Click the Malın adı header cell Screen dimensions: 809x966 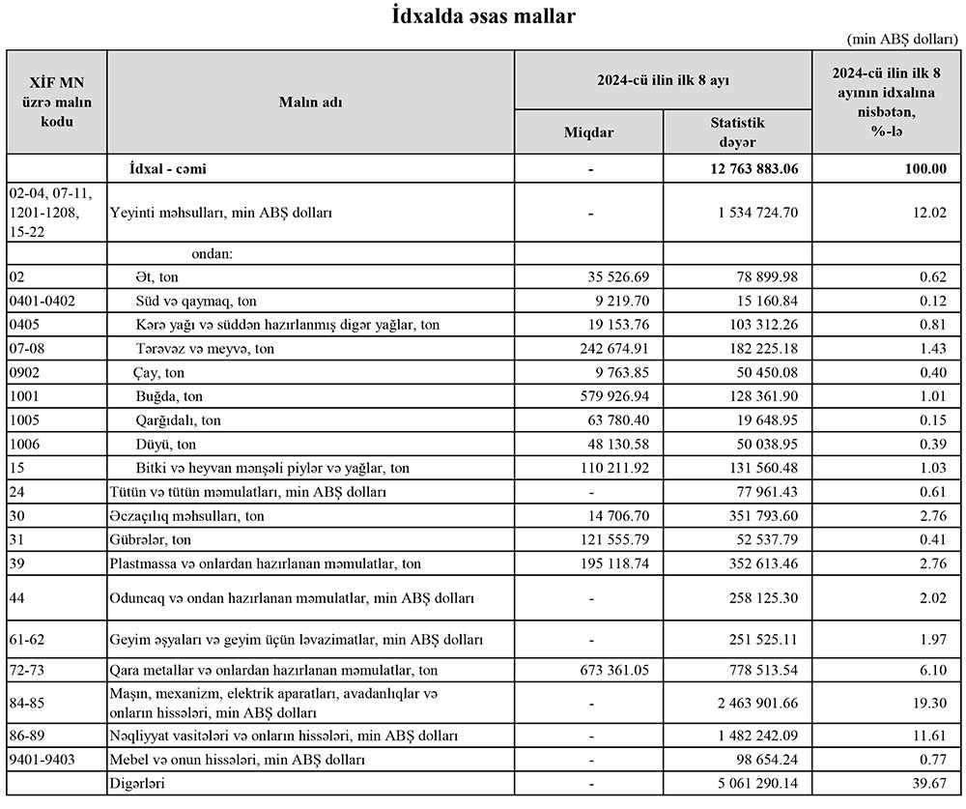[311, 101]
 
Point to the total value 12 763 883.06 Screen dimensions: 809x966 [746, 169]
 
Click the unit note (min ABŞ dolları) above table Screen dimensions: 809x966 [903, 39]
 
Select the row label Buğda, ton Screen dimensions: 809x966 [170, 396]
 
